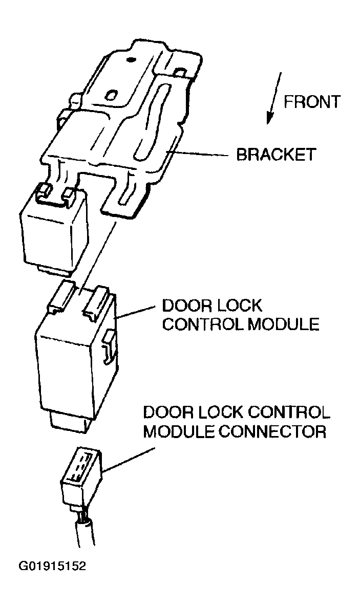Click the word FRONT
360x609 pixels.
coord(312,102)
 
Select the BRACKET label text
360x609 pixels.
coord(276,154)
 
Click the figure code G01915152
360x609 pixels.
coord(52,567)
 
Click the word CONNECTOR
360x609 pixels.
coord(273,431)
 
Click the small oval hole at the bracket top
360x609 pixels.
coord(130,60)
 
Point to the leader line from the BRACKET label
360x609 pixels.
coord(200,154)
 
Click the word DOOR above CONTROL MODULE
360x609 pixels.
coord(186,306)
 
